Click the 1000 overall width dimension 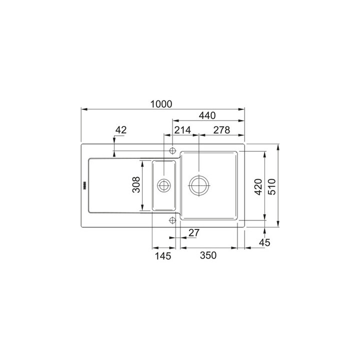pyautogui.click(x=161, y=104)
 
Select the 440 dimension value pyautogui.click(x=207, y=115)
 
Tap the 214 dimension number pyautogui.click(x=182, y=130)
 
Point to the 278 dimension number pyautogui.click(x=221, y=130)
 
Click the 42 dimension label pyautogui.click(x=121, y=130)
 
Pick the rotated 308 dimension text pyautogui.click(x=136, y=184)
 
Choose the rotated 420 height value pyautogui.click(x=258, y=187)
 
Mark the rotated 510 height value pyautogui.click(x=272, y=187)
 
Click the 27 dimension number pyautogui.click(x=194, y=233)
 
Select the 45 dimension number pyautogui.click(x=264, y=242)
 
